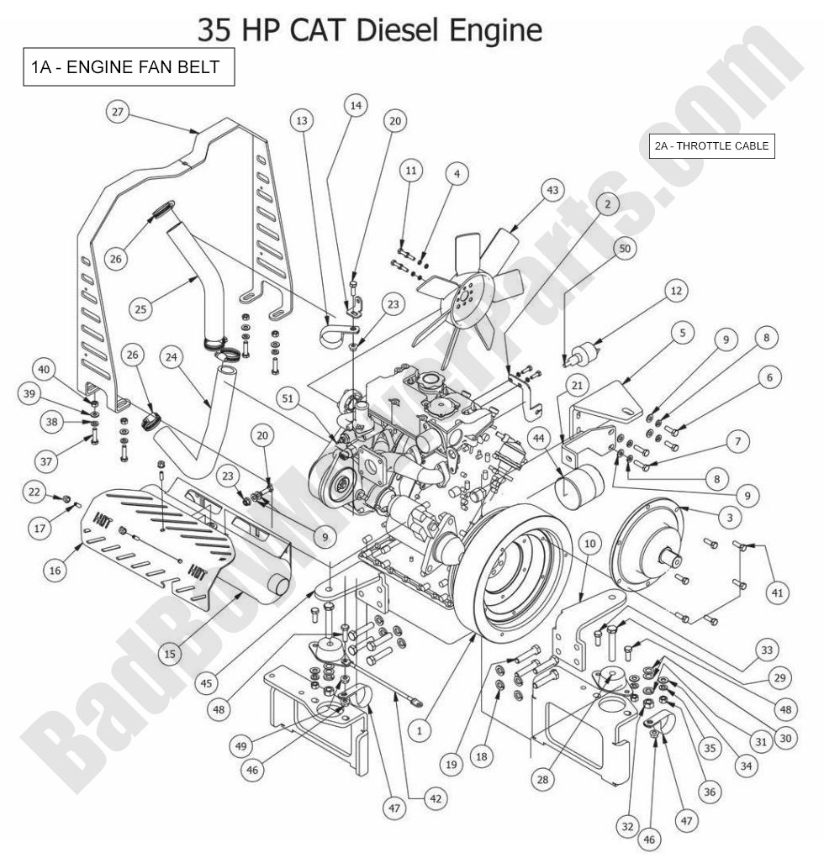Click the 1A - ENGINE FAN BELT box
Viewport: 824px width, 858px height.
[x=128, y=69]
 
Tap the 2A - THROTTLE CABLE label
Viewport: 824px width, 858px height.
[x=711, y=146]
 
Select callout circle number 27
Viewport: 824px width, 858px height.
[x=117, y=113]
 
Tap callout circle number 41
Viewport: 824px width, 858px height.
[x=777, y=593]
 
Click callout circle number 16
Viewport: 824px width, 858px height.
[x=55, y=571]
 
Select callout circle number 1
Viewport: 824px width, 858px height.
[x=418, y=731]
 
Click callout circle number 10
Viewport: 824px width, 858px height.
[x=589, y=544]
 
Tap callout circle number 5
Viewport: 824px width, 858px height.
[x=682, y=333]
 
